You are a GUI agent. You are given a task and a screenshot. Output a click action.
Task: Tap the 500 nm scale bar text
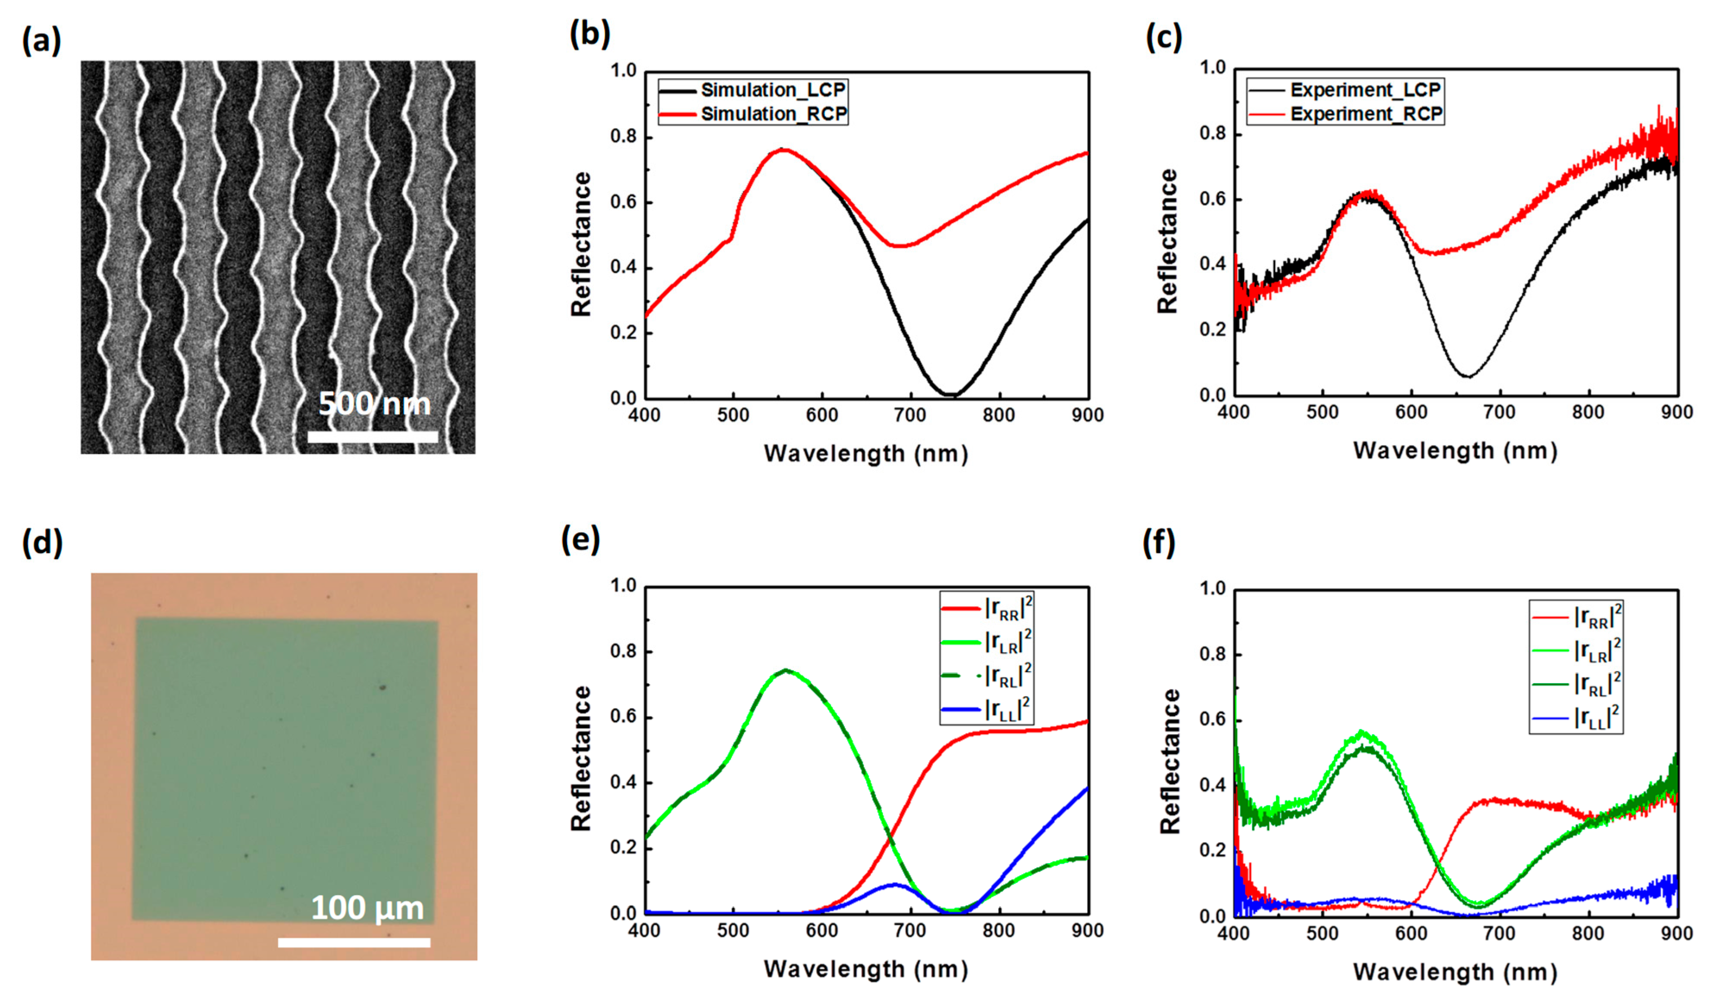tap(374, 404)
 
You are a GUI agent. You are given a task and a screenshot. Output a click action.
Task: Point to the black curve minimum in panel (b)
tap(951, 394)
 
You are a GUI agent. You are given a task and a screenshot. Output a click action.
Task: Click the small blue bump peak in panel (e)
tap(895, 884)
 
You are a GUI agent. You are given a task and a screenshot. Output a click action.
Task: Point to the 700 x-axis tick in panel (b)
tap(910, 415)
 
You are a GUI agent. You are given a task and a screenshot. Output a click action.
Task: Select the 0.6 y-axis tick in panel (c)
tap(1213, 200)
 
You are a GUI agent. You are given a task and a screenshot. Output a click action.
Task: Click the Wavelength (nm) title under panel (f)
tap(1455, 972)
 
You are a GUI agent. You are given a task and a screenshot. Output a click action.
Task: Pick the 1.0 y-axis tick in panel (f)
tap(1213, 588)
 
